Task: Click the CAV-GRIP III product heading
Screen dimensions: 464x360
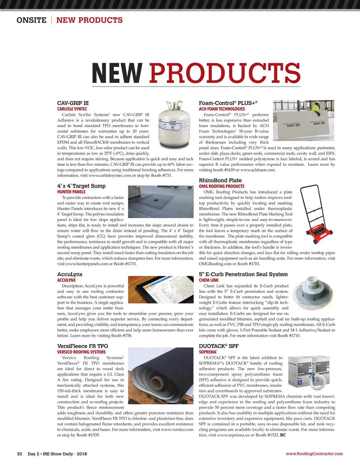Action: [x=73, y=103]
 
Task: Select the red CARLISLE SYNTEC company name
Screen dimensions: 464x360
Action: [x=72, y=109]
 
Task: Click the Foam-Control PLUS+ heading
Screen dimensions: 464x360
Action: [x=228, y=103]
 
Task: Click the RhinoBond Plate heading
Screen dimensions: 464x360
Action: [x=220, y=180]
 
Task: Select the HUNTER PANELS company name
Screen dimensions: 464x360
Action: [x=71, y=192]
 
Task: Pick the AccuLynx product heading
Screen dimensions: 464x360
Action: [x=70, y=274]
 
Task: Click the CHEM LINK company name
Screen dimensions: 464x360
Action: [x=208, y=280]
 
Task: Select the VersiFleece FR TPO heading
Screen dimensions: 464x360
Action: [x=82, y=346]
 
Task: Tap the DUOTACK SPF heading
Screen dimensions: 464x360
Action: [x=218, y=346]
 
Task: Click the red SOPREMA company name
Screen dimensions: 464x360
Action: [x=208, y=352]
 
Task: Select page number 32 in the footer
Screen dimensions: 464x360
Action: [x=19, y=454]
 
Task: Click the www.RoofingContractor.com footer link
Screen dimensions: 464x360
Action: [x=314, y=454]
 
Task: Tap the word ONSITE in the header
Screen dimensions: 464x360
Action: [x=31, y=20]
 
